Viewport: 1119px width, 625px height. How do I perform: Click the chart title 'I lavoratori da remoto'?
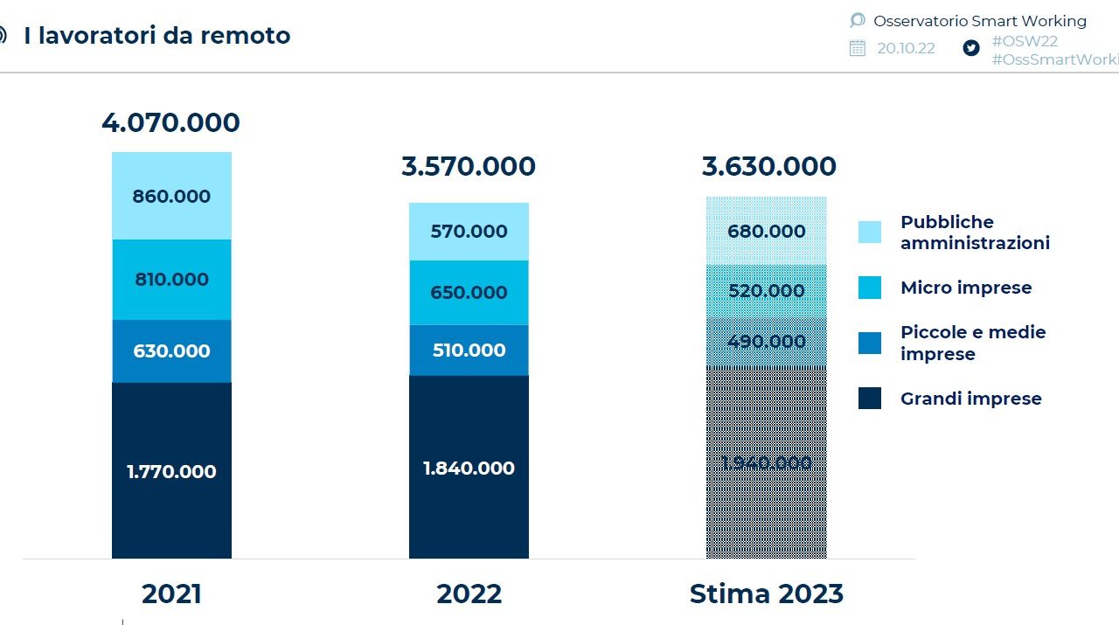[x=157, y=36]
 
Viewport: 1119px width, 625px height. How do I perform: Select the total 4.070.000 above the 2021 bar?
[x=170, y=123]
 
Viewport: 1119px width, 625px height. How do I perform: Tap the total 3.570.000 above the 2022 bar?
[x=469, y=167]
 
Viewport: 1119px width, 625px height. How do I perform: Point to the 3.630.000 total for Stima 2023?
[x=769, y=167]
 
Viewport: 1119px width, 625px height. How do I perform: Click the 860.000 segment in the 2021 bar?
[x=171, y=197]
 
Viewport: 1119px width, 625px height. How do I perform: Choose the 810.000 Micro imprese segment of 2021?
[x=171, y=280]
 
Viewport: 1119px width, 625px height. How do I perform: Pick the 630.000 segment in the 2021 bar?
[x=171, y=351]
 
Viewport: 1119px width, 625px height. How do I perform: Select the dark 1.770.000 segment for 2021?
[x=171, y=472]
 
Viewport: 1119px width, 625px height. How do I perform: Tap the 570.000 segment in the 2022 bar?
[x=469, y=232]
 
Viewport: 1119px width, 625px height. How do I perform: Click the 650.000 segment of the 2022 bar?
[x=469, y=293]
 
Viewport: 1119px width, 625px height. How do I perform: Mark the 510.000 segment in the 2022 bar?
[x=469, y=351]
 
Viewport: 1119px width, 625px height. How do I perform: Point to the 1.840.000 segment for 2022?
[x=469, y=469]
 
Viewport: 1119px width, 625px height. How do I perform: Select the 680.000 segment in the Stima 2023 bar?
[x=767, y=232]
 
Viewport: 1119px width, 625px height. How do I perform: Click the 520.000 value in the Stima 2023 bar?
[x=767, y=291]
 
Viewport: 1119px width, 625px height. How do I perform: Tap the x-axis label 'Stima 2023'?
[x=767, y=594]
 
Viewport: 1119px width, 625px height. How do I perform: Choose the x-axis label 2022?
[x=469, y=594]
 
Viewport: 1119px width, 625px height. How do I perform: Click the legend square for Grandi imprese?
[x=870, y=399]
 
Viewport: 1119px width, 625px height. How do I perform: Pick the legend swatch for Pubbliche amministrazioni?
[x=870, y=232]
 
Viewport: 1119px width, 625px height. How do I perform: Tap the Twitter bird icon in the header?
[x=971, y=48]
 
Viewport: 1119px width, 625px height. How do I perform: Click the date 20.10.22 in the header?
[x=906, y=48]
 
